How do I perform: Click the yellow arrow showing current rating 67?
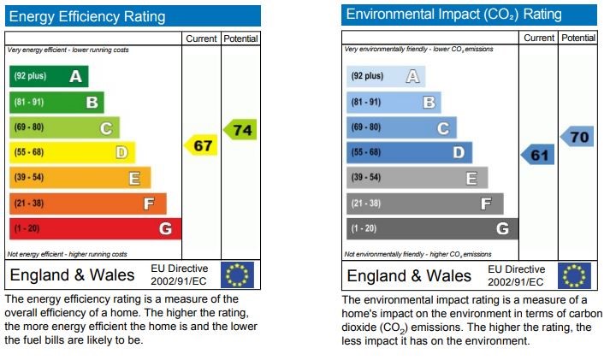click(x=201, y=145)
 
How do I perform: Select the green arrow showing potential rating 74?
click(x=240, y=129)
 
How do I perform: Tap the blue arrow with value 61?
click(x=537, y=155)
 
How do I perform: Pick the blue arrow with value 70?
click(x=577, y=137)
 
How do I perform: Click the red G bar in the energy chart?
click(x=95, y=228)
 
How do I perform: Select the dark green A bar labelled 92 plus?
click(x=49, y=76)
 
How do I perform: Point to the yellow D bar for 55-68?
click(x=73, y=152)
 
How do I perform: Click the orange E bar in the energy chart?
click(x=80, y=178)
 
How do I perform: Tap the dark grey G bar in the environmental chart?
click(x=433, y=228)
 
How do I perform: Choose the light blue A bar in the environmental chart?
click(x=386, y=76)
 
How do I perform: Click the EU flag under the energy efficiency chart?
click(x=237, y=274)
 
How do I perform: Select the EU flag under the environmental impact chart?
click(x=574, y=275)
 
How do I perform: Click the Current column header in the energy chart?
click(x=201, y=38)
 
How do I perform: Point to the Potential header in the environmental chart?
click(x=578, y=38)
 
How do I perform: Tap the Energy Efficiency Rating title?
click(x=87, y=17)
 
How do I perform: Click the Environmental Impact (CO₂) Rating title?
click(x=453, y=15)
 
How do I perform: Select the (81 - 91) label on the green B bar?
click(x=29, y=103)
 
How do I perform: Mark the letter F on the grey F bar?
click(x=486, y=204)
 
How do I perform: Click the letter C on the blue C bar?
click(x=443, y=128)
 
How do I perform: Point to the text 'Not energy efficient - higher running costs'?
click(x=67, y=254)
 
